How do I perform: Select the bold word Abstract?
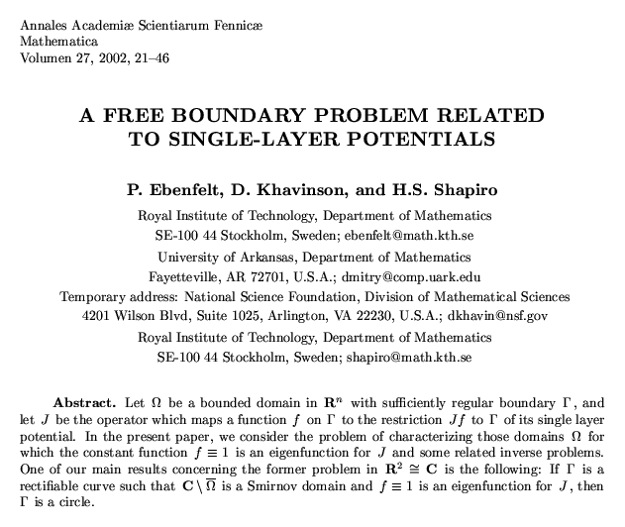[x=85, y=404]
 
